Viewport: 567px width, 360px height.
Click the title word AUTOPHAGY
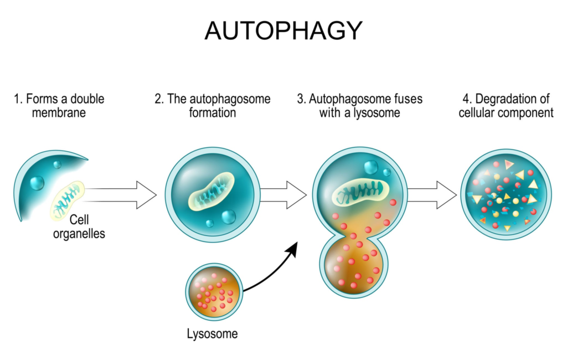283,30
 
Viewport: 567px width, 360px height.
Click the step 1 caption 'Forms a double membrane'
59,106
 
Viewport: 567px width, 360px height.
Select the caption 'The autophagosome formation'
212,106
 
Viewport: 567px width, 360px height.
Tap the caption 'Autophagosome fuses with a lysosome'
359,106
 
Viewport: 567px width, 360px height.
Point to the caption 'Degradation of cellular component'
506,106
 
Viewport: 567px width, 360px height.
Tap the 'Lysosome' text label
212,334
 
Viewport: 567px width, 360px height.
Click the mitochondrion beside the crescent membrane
68,200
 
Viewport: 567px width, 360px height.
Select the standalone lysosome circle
214,290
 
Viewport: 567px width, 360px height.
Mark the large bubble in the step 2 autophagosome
228,217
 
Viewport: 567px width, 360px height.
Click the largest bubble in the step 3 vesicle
370,167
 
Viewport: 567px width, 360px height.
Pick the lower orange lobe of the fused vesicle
354,266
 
